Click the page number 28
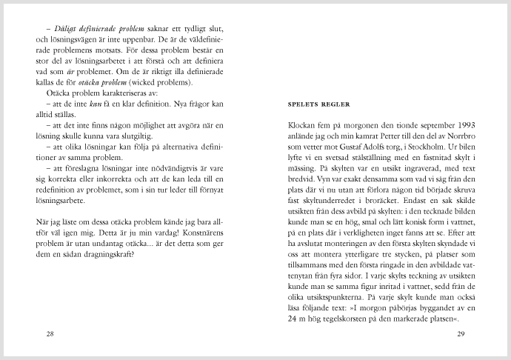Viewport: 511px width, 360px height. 50,334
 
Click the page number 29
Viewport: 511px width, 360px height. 460,334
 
